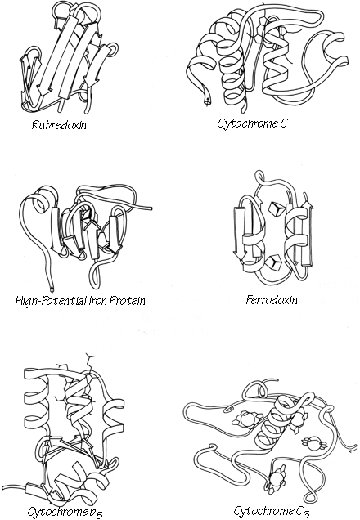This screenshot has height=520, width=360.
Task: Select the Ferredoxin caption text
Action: click(x=271, y=300)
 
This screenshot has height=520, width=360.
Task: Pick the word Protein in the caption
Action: click(x=129, y=300)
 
